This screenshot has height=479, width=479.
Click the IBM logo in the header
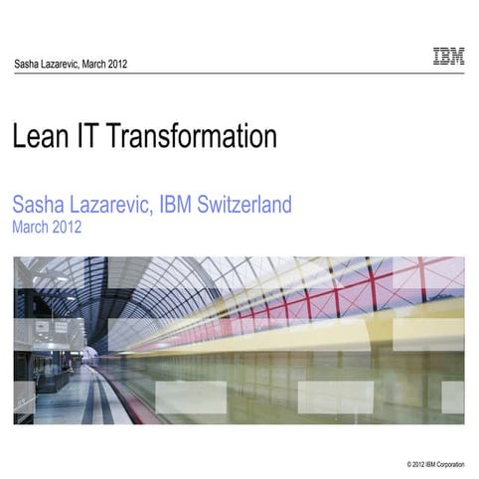448,57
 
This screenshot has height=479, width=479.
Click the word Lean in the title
40,136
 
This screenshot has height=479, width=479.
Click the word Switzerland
252,206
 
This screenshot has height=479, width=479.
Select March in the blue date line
31,227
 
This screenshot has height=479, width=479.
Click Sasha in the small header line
27,65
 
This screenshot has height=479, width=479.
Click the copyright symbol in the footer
409,464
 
